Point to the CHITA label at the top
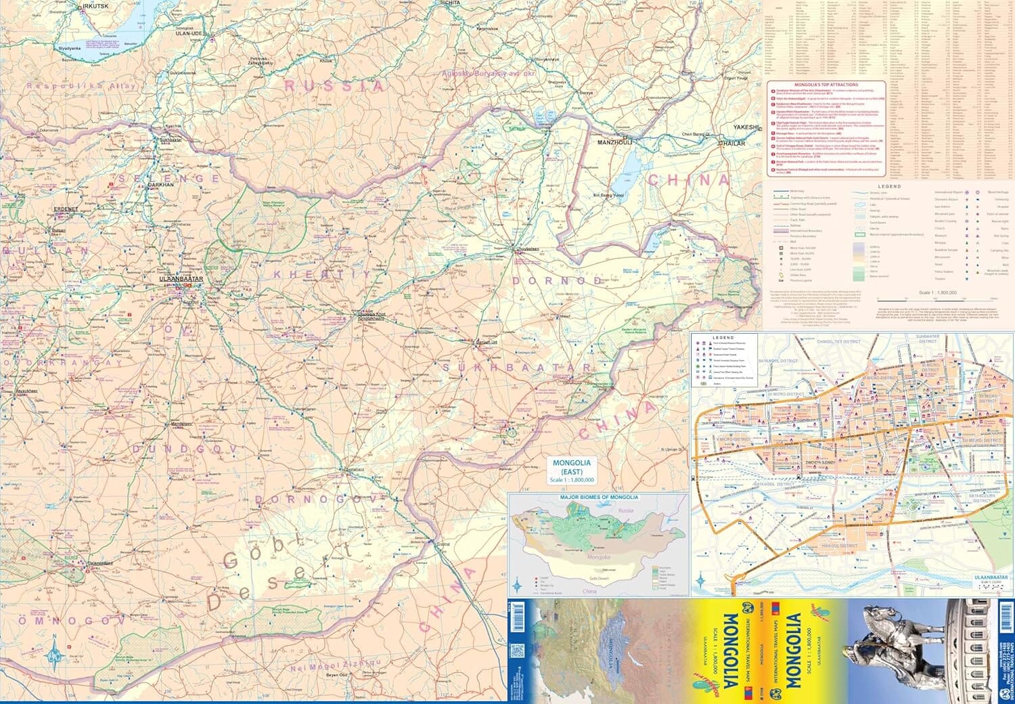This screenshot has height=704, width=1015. pos(451,3)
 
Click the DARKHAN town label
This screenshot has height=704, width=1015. pos(162,184)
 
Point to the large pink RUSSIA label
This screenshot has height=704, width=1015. pos(334,86)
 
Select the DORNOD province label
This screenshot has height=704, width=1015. pos(556,280)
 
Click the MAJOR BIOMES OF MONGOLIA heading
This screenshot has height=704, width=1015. pos(599,498)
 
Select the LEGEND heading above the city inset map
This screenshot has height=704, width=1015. pos(723,337)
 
